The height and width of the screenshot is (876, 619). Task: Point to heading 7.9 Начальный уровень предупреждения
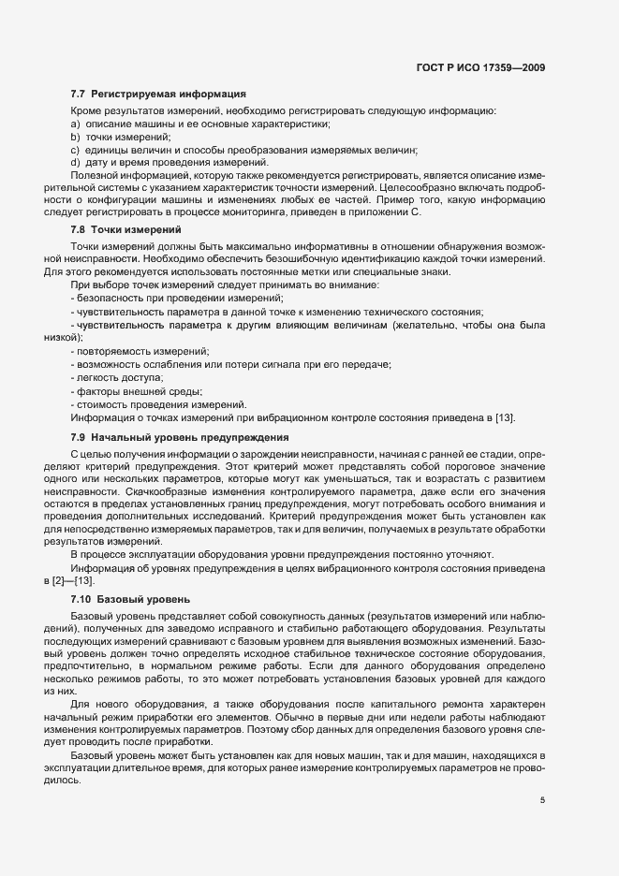coord(179,437)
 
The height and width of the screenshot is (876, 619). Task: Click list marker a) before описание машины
coord(75,124)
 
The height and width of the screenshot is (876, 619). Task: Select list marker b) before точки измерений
coord(75,138)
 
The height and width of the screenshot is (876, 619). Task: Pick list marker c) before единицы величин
coord(75,151)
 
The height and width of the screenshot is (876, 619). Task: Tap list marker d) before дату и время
coord(75,163)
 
